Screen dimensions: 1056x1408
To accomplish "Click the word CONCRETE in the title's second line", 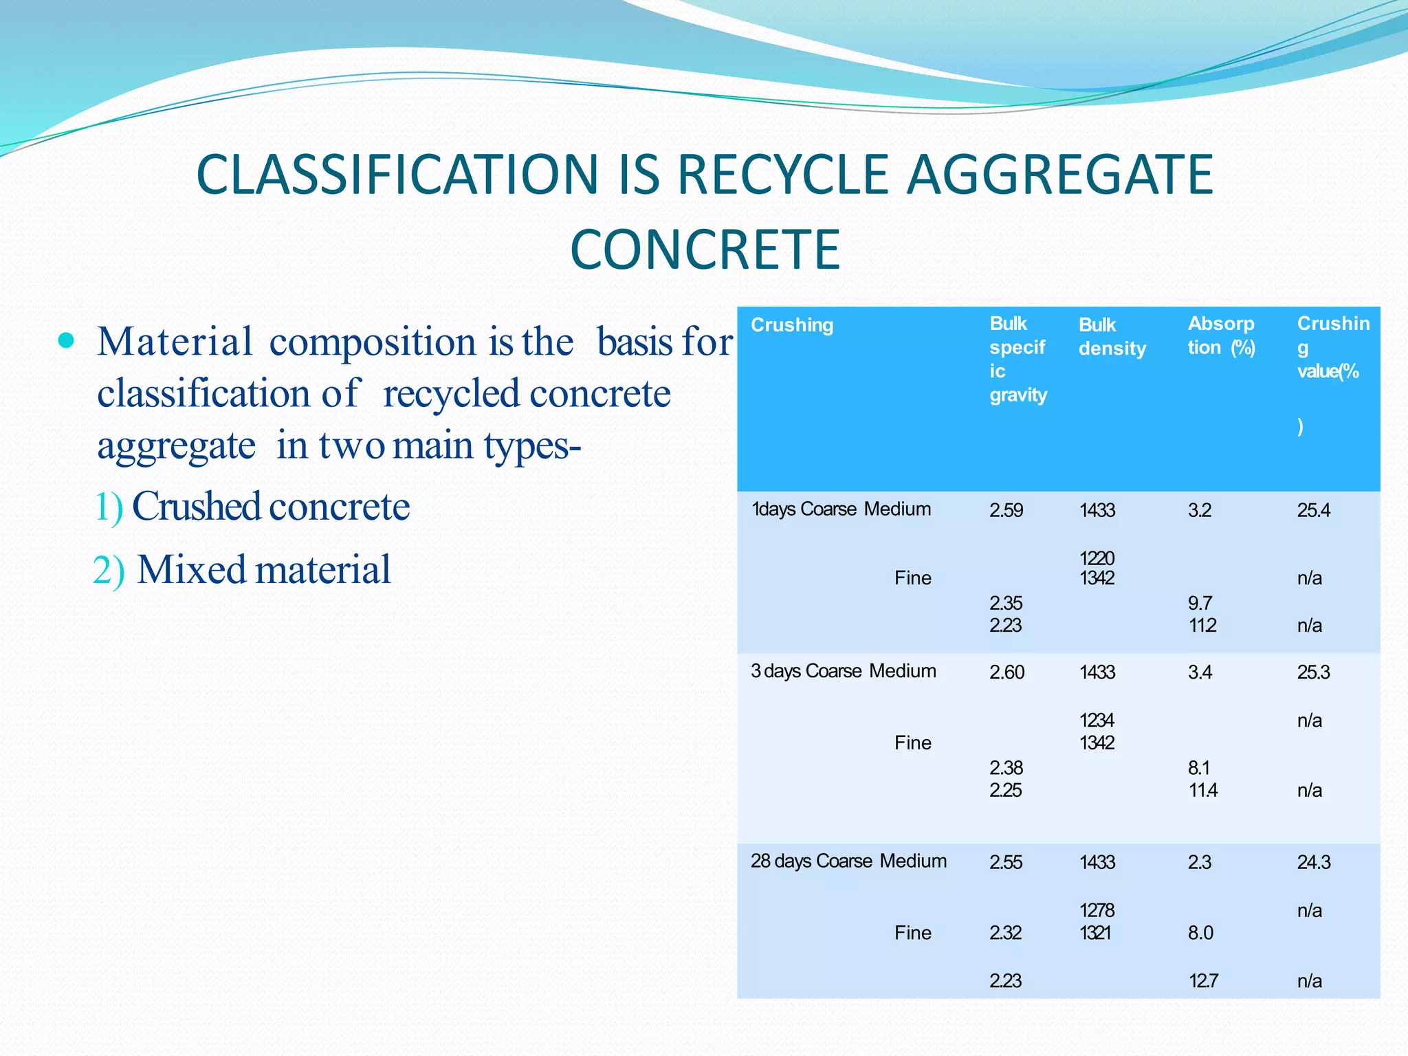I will point(705,249).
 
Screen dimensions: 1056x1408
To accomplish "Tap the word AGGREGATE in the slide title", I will point(1059,175).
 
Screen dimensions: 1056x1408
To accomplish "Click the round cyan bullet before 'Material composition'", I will point(66,340).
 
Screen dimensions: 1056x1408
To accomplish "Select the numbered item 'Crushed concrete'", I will point(270,507).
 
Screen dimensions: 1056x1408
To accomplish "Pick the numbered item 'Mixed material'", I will point(263,570).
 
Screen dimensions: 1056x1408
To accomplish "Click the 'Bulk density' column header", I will point(1112,337).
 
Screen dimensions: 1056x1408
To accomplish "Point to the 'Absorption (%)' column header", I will point(1221,335).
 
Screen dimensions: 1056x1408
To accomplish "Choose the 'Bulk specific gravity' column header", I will point(1018,359).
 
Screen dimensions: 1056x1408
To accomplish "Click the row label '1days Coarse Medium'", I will point(841,509).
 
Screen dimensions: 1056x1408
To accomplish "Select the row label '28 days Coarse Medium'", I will point(848,861).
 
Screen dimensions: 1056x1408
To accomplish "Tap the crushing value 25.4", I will point(1313,510).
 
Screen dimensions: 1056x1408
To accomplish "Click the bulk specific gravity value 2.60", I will point(1006,672).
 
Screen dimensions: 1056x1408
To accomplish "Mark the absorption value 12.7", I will point(1203,980).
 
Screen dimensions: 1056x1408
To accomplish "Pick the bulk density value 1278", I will point(1097,910).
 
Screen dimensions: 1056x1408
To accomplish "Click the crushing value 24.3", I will point(1313,862).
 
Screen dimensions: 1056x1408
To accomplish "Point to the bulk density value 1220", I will point(1097,558).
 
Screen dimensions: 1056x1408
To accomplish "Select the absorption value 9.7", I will point(1200,603).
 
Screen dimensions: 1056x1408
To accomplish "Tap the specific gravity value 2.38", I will point(1006,767).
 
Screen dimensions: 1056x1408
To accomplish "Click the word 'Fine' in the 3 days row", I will point(912,742).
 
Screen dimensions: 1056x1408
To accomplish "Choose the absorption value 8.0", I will point(1200,933).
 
